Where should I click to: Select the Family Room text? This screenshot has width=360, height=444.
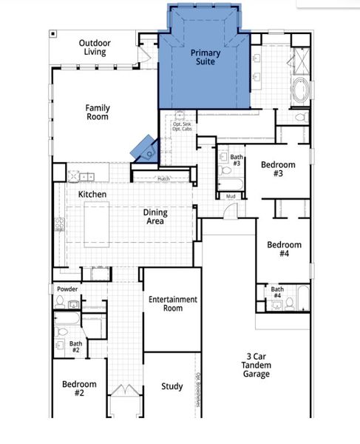97,112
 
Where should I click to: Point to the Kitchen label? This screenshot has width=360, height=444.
92,195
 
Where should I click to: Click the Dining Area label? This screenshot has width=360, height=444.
155,217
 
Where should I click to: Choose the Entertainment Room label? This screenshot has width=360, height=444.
172,303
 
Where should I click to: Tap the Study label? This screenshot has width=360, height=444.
172,387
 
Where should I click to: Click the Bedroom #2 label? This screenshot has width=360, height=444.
79,389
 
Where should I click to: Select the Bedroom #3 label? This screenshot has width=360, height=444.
278,169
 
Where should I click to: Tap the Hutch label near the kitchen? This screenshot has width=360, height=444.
163,179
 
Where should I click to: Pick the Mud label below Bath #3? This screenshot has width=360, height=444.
231,196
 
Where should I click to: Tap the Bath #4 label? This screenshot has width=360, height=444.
276,292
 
